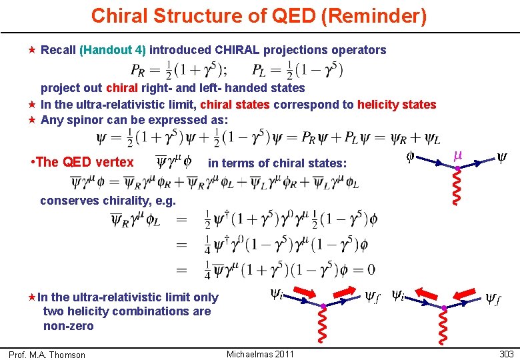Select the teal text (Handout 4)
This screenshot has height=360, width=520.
click(x=114, y=50)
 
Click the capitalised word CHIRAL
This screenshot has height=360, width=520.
click(x=244, y=50)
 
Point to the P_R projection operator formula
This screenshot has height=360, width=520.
click(x=178, y=69)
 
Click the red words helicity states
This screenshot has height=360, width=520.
click(x=397, y=105)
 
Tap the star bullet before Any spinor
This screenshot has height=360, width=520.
click(x=33, y=120)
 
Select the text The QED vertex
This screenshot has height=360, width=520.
click(x=83, y=162)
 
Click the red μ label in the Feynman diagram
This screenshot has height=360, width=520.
click(x=458, y=156)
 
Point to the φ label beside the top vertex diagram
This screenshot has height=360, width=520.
click(x=411, y=157)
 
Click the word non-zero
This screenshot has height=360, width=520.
click(x=68, y=326)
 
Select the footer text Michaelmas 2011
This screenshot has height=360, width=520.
click(x=260, y=354)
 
